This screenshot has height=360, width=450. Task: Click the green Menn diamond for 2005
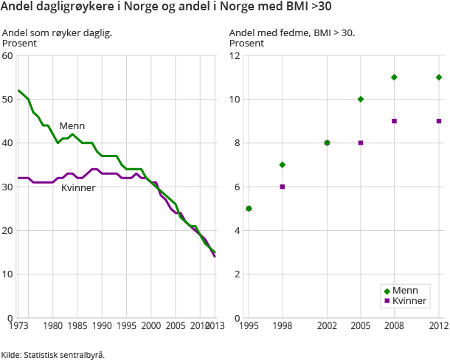[x=361, y=99]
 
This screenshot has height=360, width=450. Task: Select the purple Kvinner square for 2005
[x=361, y=143]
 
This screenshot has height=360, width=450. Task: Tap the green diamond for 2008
[x=394, y=77]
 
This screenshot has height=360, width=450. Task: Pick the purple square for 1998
[x=282, y=187]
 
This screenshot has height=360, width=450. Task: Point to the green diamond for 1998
[x=282, y=165]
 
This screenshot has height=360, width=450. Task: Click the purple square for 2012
[x=439, y=121]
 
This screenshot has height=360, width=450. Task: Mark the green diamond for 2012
[x=439, y=77]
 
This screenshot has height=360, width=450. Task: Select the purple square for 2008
[x=394, y=121]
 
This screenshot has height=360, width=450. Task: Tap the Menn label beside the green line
[x=72, y=126]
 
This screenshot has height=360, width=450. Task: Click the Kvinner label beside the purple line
[x=77, y=187]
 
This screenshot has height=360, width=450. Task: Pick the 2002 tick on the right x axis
[x=327, y=325]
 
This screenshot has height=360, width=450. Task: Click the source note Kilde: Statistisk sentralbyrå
[x=53, y=354]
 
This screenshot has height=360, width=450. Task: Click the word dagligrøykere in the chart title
[x=70, y=10]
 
